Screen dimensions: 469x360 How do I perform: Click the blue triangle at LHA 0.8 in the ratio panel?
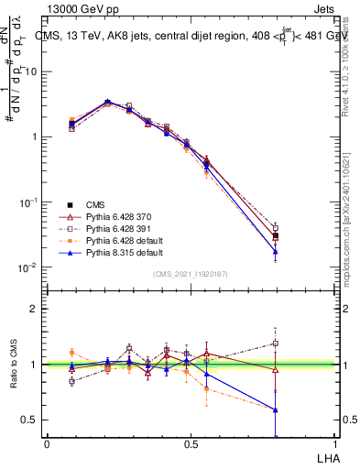pos(276,409)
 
